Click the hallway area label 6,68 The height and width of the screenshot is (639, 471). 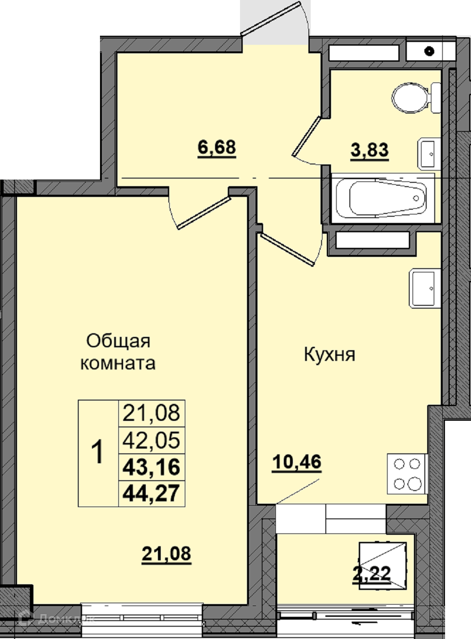[217, 148]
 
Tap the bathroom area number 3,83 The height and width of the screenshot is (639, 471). [370, 150]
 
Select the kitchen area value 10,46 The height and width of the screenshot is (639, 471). [297, 462]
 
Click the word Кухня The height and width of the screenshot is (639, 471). [330, 355]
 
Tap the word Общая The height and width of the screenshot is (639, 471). [118, 342]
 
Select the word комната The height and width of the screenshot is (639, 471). [118, 363]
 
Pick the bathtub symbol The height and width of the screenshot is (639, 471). [381, 198]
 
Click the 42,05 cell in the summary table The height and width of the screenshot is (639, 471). [151, 440]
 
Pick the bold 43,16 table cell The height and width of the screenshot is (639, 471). [151, 467]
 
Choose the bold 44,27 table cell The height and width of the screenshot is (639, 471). [151, 494]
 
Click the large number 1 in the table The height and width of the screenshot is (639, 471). [97, 452]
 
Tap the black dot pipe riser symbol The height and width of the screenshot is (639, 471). [430, 51]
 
